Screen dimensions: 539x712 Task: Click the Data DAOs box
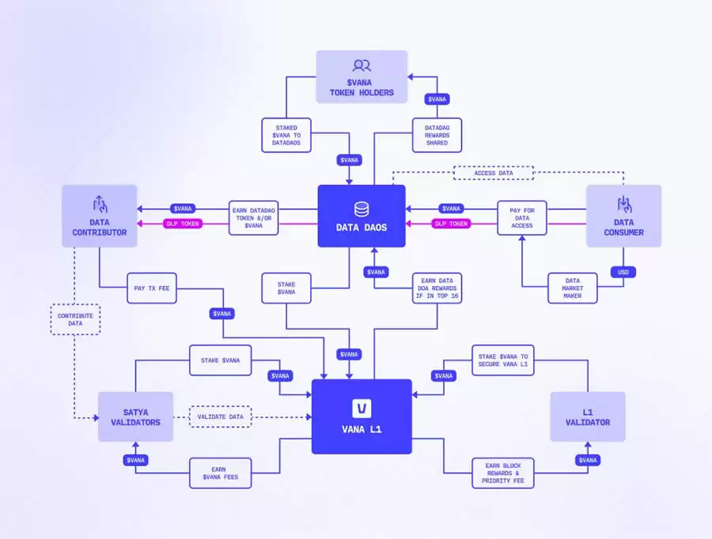362,216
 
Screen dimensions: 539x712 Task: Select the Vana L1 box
362,416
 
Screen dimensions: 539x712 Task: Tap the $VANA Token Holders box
362,77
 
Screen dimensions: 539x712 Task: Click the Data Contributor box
100,215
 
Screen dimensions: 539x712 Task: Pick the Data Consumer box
623,215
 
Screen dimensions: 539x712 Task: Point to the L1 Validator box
588,416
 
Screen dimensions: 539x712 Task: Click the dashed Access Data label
494,173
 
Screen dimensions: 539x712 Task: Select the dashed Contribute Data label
75,319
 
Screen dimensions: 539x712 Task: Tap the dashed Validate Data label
220,416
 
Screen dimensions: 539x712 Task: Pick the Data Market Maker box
572,288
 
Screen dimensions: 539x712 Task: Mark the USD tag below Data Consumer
623,272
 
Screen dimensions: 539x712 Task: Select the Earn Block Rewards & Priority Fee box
502,472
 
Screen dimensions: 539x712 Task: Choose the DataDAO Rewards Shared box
437,135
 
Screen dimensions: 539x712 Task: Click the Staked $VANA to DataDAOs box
286,135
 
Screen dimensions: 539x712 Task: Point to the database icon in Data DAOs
362,209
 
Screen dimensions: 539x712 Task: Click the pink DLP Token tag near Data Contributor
183,224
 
